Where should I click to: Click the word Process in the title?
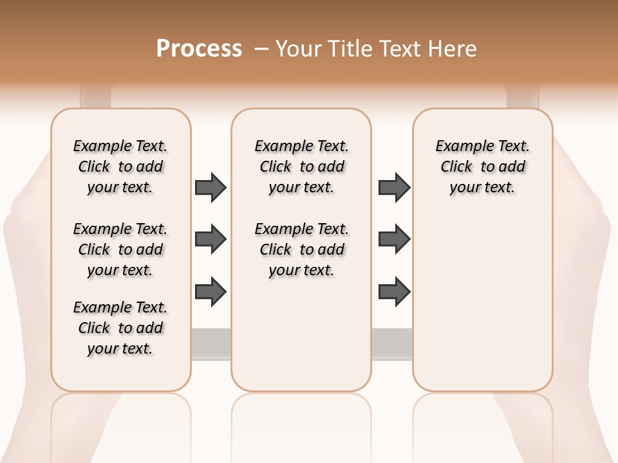tap(199, 49)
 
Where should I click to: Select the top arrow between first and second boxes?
tap(211, 187)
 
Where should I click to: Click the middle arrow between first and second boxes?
tap(211, 239)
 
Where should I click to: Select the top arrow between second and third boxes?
tap(394, 187)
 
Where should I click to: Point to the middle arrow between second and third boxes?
tap(394, 239)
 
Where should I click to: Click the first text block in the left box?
tap(120, 167)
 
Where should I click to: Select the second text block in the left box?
tap(120, 250)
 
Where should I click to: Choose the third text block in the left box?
tap(120, 328)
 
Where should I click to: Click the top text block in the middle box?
tap(301, 167)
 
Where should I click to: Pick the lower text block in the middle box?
tap(301, 250)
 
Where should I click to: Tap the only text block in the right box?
tap(482, 167)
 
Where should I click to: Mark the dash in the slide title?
tap(261, 49)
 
